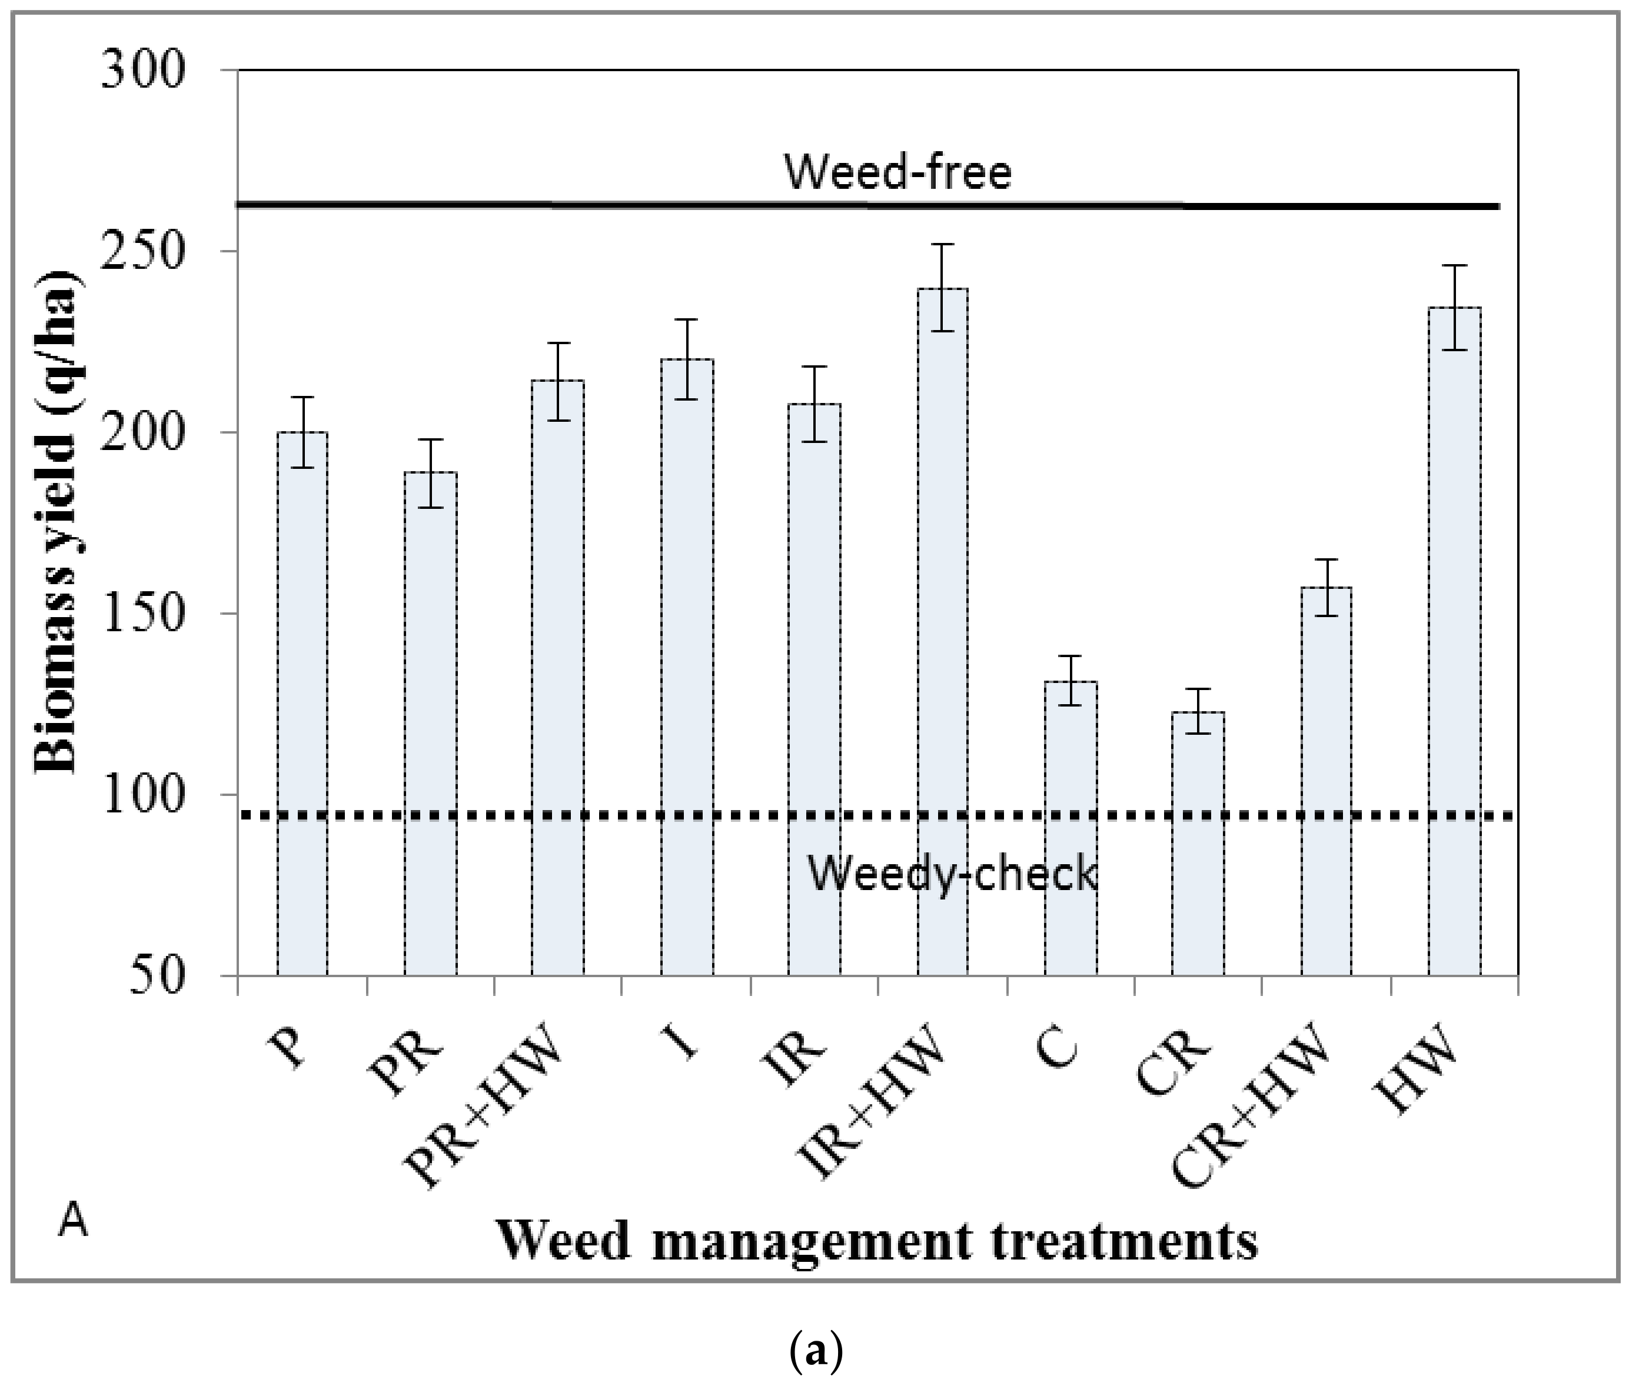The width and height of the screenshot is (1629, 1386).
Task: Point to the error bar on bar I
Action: [x=686, y=359]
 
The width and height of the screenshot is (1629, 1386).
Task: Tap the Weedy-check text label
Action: [x=952, y=873]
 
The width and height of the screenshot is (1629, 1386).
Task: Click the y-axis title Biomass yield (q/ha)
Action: [x=56, y=522]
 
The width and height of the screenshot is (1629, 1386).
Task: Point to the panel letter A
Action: [x=72, y=1222]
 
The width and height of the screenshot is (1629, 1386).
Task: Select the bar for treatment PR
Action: [x=431, y=723]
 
